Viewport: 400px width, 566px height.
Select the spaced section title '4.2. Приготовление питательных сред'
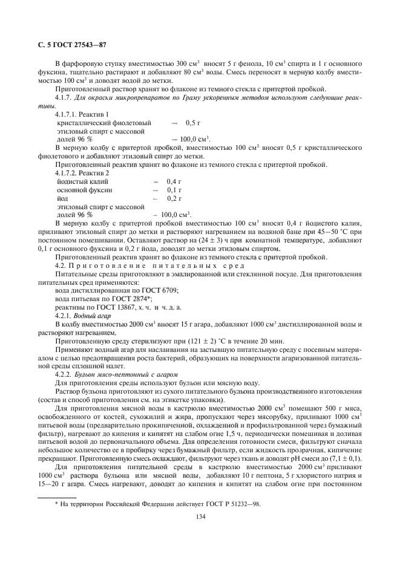(x=149, y=265)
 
